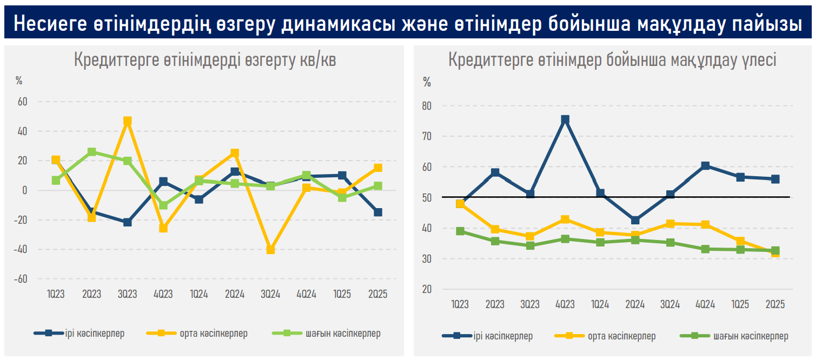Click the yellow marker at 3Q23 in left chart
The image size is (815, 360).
click(x=128, y=121)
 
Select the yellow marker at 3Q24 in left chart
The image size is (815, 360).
click(x=270, y=250)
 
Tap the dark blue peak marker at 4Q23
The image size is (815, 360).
click(x=565, y=119)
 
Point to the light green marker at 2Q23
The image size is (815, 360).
click(x=92, y=152)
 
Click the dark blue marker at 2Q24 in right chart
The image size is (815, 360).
click(x=635, y=220)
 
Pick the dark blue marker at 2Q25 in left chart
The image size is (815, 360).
click(x=378, y=212)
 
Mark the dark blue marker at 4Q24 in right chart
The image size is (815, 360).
click(x=705, y=166)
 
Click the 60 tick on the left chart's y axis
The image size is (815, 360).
click(x=23, y=102)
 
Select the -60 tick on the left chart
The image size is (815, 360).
click(x=21, y=279)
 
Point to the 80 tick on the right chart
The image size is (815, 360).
click(x=427, y=106)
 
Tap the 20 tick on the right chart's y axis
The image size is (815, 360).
click(x=427, y=289)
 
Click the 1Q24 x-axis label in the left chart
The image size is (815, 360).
click(x=198, y=295)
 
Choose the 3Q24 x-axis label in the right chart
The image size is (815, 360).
click(x=670, y=304)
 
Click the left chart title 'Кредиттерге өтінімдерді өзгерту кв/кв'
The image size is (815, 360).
click(x=204, y=61)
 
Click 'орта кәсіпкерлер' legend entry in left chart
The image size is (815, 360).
click(x=214, y=334)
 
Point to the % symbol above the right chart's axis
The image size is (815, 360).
click(x=427, y=82)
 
